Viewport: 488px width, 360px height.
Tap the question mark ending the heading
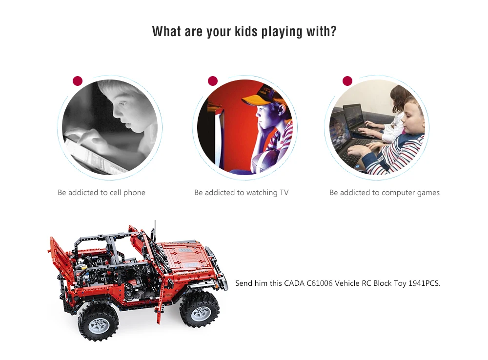[x=333, y=31]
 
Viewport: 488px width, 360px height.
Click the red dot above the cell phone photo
[x=78, y=81]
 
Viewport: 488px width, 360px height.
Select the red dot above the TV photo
[x=213, y=81]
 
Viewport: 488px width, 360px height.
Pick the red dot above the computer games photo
[x=347, y=81]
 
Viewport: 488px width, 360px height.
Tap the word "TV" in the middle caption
[x=284, y=193]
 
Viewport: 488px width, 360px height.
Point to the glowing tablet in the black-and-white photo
[x=93, y=156]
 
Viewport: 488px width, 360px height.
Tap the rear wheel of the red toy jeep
[x=98, y=321]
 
